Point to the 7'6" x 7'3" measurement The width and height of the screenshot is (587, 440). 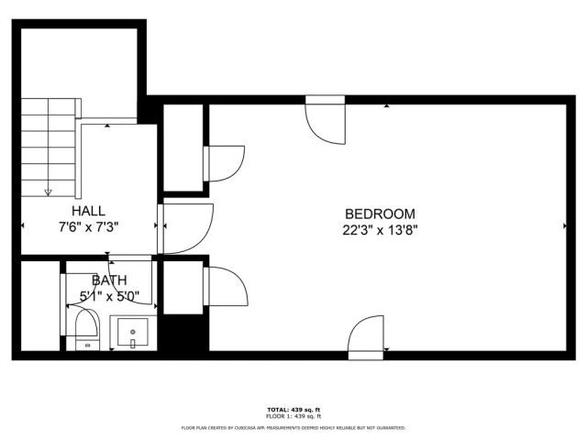pos(89,226)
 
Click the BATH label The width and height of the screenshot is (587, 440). pos(108,280)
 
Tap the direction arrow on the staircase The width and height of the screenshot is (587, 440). pos(49,191)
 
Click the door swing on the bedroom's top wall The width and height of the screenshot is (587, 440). pos(325,120)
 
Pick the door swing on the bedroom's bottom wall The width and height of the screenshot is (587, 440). pos(366,334)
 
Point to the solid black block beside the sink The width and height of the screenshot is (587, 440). pos(182,332)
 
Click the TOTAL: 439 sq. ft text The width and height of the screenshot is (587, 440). pos(293,409)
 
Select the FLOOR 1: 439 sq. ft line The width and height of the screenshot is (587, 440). pos(293,417)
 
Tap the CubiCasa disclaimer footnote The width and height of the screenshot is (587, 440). pos(293,427)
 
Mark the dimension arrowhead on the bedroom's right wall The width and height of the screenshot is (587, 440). pos(563,225)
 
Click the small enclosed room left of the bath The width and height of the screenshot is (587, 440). pos(39,306)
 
